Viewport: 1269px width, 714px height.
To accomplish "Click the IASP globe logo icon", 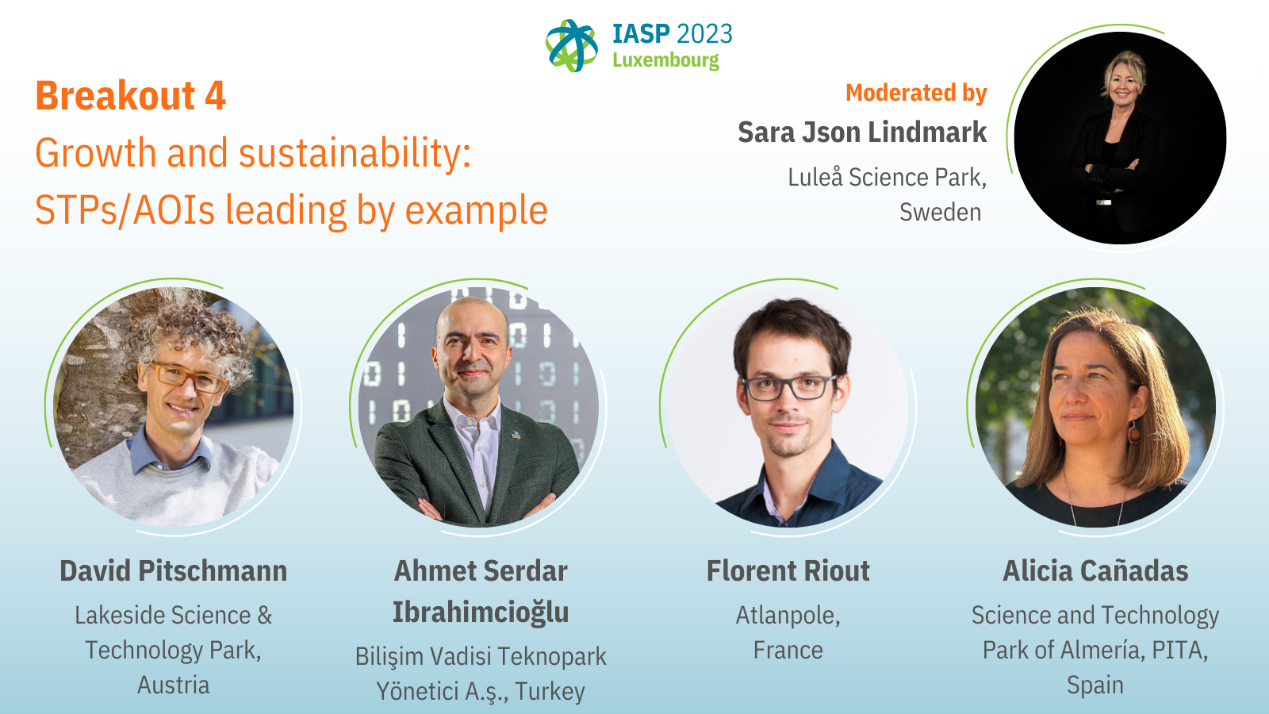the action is click(571, 46).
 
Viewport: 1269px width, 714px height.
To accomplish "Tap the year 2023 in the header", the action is click(704, 35).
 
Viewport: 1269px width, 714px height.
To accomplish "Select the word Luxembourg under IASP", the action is click(665, 60).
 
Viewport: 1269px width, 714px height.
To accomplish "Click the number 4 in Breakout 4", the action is click(215, 95).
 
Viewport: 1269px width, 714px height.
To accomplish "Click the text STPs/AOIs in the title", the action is click(125, 210).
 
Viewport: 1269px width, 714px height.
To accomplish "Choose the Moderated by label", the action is click(916, 93).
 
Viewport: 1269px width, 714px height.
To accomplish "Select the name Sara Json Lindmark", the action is click(862, 132).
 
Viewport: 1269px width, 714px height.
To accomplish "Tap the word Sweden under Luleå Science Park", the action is click(941, 212).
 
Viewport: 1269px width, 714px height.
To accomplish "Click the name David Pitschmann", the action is click(174, 570).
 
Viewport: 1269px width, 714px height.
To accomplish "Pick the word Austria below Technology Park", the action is click(174, 685).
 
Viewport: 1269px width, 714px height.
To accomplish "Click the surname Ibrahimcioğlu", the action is click(481, 612).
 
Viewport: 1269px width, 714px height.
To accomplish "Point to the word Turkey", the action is click(550, 691).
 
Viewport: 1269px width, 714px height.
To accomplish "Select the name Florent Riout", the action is click(788, 570).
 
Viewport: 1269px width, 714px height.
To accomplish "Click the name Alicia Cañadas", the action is click(1095, 570).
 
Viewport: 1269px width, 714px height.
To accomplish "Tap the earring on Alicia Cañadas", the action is click(1133, 433).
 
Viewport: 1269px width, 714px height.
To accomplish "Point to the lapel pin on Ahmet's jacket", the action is click(516, 435).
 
